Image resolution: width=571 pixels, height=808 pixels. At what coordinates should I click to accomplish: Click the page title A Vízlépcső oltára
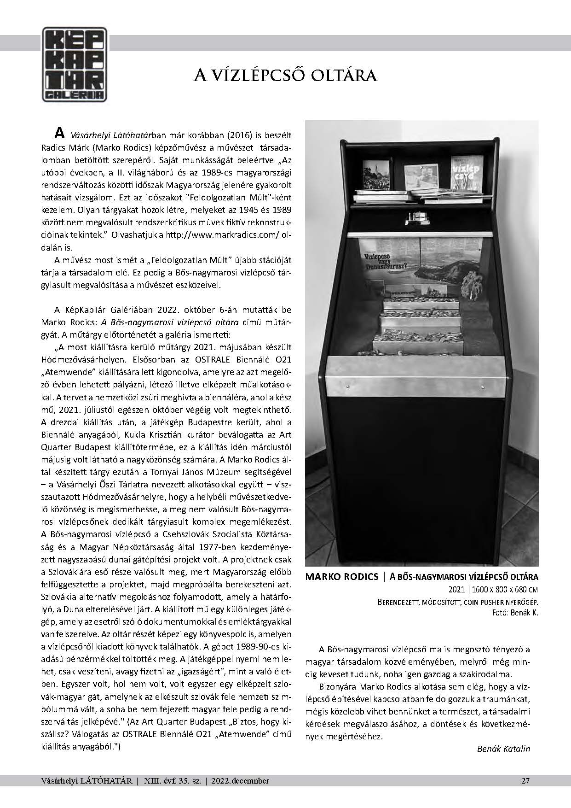tap(285, 75)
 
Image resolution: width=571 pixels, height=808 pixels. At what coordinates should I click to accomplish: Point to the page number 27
tap(525, 780)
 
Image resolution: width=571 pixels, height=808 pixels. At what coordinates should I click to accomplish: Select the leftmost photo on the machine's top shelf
tap(376, 176)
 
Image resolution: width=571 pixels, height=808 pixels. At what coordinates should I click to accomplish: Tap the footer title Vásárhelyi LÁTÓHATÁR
tap(87, 780)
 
